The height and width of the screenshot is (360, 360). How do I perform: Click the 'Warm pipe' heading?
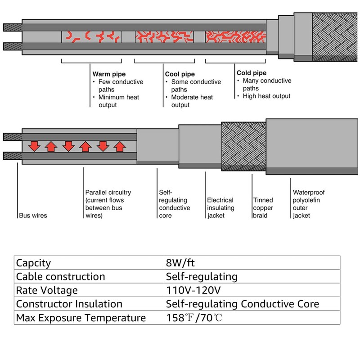tap(109, 73)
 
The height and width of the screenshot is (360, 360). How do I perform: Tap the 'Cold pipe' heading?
tap(252, 73)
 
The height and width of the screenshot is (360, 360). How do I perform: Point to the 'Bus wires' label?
tap(33, 216)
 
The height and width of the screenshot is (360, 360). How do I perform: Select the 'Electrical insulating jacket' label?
tap(220, 208)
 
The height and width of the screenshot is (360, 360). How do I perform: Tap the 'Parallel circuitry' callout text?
tap(108, 204)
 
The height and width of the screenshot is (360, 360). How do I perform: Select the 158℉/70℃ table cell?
tap(194, 318)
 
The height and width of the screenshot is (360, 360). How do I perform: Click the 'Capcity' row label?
tap(34, 263)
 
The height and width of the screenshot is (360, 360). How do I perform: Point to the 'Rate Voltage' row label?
tap(47, 290)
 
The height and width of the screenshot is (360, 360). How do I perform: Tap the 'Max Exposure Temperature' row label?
tap(81, 318)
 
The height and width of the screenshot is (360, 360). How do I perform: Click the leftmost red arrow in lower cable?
tap(34, 146)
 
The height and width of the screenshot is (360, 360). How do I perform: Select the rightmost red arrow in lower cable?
tap(119, 146)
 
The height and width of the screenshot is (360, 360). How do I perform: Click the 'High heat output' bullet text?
tap(266, 96)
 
